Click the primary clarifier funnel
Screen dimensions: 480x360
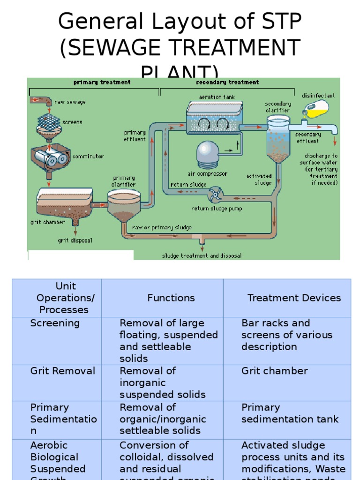tap(123, 206)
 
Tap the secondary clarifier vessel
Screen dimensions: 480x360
tap(278, 138)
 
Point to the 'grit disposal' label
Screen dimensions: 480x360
tap(75, 240)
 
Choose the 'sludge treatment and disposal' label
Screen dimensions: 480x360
tap(202, 256)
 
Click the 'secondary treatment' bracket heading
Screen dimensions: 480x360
tap(227, 82)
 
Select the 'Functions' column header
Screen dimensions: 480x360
tap(171, 298)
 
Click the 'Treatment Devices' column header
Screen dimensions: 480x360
tap(294, 298)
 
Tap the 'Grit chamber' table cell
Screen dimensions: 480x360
tap(274, 371)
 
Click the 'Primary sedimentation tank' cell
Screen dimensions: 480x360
tap(290, 413)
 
